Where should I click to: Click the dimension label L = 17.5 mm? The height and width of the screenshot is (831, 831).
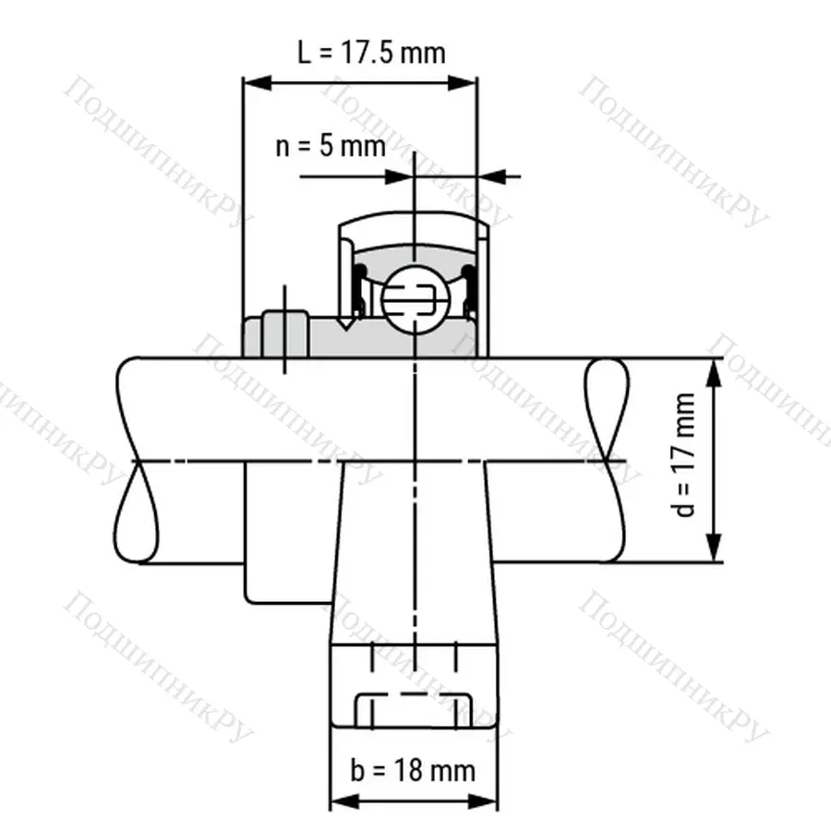click(370, 52)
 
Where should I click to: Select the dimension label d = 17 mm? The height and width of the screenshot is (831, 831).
click(685, 456)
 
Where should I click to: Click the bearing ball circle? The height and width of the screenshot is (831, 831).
click(415, 297)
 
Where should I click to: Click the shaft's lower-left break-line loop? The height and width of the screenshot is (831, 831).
click(135, 512)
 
